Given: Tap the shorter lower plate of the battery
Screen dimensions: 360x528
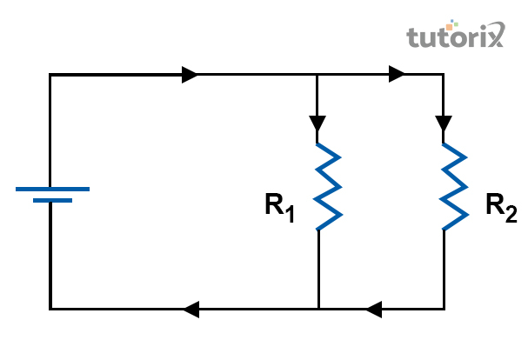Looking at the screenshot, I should (x=52, y=200).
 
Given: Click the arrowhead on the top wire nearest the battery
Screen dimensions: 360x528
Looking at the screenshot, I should (x=190, y=75).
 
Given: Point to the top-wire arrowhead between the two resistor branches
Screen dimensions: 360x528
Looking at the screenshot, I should (x=398, y=75).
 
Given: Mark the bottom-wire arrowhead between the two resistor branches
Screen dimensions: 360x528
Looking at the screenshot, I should (x=374, y=309).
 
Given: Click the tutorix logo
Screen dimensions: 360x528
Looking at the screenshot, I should (x=455, y=37).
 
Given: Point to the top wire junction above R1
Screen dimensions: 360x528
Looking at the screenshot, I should (x=318, y=76).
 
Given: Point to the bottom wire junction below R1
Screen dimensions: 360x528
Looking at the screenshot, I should (x=318, y=309).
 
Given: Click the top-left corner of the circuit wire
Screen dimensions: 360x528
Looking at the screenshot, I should (x=50, y=76).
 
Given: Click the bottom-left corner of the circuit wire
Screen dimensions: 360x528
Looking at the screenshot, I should (x=50, y=309).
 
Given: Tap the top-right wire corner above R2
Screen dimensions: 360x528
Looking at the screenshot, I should (x=444, y=76).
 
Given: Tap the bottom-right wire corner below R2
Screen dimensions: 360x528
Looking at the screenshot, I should (x=444, y=309).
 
